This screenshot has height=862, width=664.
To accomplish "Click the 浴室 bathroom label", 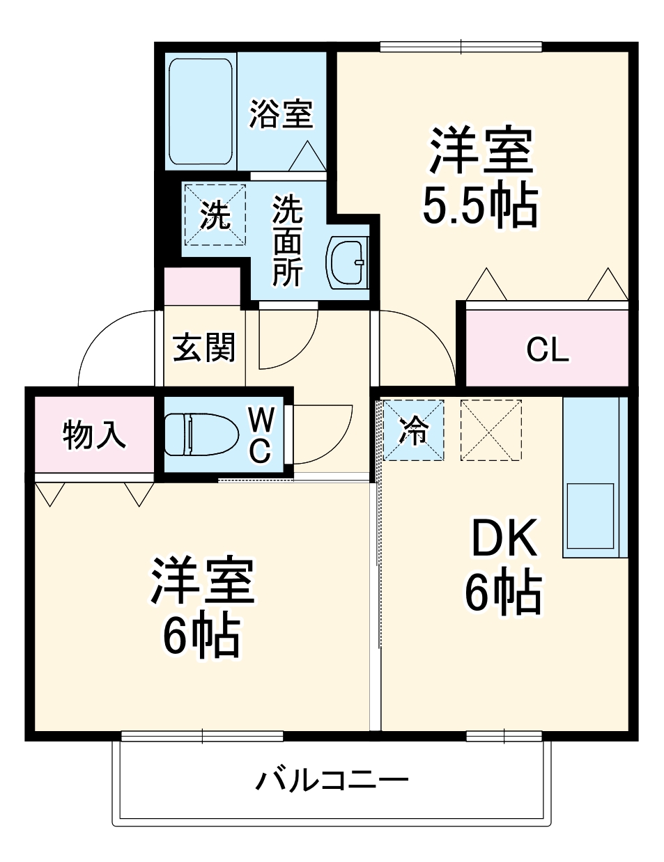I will [x=281, y=113].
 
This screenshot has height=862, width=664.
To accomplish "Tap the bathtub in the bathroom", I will [x=201, y=111].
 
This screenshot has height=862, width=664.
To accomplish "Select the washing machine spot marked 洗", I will [x=215, y=214].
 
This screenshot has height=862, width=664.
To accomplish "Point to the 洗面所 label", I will [x=287, y=241].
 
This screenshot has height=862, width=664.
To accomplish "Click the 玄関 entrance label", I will [x=204, y=347].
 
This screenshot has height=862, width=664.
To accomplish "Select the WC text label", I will [x=260, y=436].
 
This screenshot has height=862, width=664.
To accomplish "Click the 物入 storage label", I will [x=94, y=435].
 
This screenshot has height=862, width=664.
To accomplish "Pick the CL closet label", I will [x=548, y=349].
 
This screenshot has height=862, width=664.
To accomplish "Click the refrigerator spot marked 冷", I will [x=413, y=430].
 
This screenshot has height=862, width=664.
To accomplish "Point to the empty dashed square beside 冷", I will [x=491, y=430].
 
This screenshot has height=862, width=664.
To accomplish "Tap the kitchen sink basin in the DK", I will [x=590, y=516].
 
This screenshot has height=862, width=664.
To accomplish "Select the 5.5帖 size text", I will [x=480, y=205].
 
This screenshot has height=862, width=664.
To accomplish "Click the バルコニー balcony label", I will [x=332, y=781].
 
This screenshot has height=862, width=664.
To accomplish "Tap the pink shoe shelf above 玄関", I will [x=202, y=285].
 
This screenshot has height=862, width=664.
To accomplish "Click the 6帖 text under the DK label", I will [x=503, y=593].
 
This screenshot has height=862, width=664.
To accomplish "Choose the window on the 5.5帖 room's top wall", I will [x=461, y=47].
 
